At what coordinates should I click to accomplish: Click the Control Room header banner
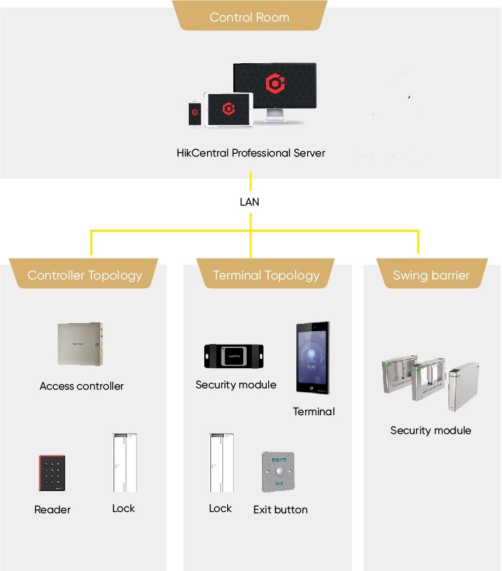(249, 17)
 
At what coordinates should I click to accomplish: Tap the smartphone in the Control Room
(195, 112)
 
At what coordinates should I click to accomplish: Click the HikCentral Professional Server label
(251, 153)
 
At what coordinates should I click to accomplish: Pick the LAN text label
(249, 202)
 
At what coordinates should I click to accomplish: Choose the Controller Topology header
(85, 275)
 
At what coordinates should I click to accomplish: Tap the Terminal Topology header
(266, 275)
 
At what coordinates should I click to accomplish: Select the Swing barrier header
(431, 275)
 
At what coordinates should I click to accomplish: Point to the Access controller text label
(81, 386)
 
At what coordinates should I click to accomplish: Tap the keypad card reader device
(52, 474)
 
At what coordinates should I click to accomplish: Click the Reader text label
(52, 510)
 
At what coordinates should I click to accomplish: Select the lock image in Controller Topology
(124, 464)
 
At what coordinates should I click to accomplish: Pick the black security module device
(234, 355)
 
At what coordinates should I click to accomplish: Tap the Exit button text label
(280, 510)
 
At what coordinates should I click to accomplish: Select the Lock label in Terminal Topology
(220, 509)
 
